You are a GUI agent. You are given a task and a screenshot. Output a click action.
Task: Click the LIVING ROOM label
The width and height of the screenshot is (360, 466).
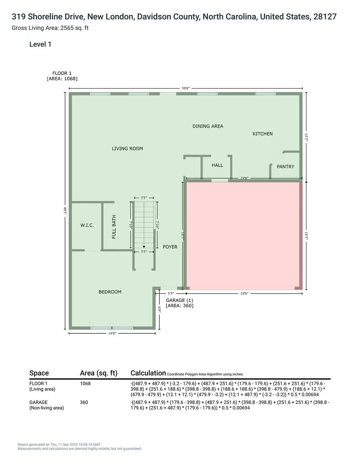coord(127,148)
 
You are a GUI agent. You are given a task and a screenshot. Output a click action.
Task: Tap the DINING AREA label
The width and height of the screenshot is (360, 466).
coord(208,126)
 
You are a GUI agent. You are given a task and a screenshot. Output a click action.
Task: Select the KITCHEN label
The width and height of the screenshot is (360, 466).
coord(262,134)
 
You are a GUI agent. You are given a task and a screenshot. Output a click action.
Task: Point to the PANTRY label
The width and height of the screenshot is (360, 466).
coord(286,166)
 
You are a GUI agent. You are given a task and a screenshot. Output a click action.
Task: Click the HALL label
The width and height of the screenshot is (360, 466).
coord(217,165)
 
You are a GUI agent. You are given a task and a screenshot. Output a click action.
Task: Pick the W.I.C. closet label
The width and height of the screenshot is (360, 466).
coord(87,225)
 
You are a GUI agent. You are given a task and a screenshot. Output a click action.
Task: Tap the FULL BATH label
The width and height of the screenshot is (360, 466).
coord(114,227)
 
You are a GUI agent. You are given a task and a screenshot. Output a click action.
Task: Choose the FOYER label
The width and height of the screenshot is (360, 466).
coord(170,247)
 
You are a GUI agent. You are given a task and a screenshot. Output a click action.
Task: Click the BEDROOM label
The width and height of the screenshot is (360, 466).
coord(110,292)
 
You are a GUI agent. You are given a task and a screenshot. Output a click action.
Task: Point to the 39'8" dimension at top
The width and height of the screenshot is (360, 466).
coord(185,89)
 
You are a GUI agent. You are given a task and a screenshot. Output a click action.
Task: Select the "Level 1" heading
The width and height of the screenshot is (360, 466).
coord(40,44)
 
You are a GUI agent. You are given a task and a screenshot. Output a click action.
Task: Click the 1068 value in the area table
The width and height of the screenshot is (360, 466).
coord(85,383)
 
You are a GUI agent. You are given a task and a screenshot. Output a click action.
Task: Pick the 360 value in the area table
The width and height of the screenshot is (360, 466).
coord(84,402)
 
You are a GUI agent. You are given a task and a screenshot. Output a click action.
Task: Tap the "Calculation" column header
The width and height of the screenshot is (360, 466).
coord(148,373)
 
